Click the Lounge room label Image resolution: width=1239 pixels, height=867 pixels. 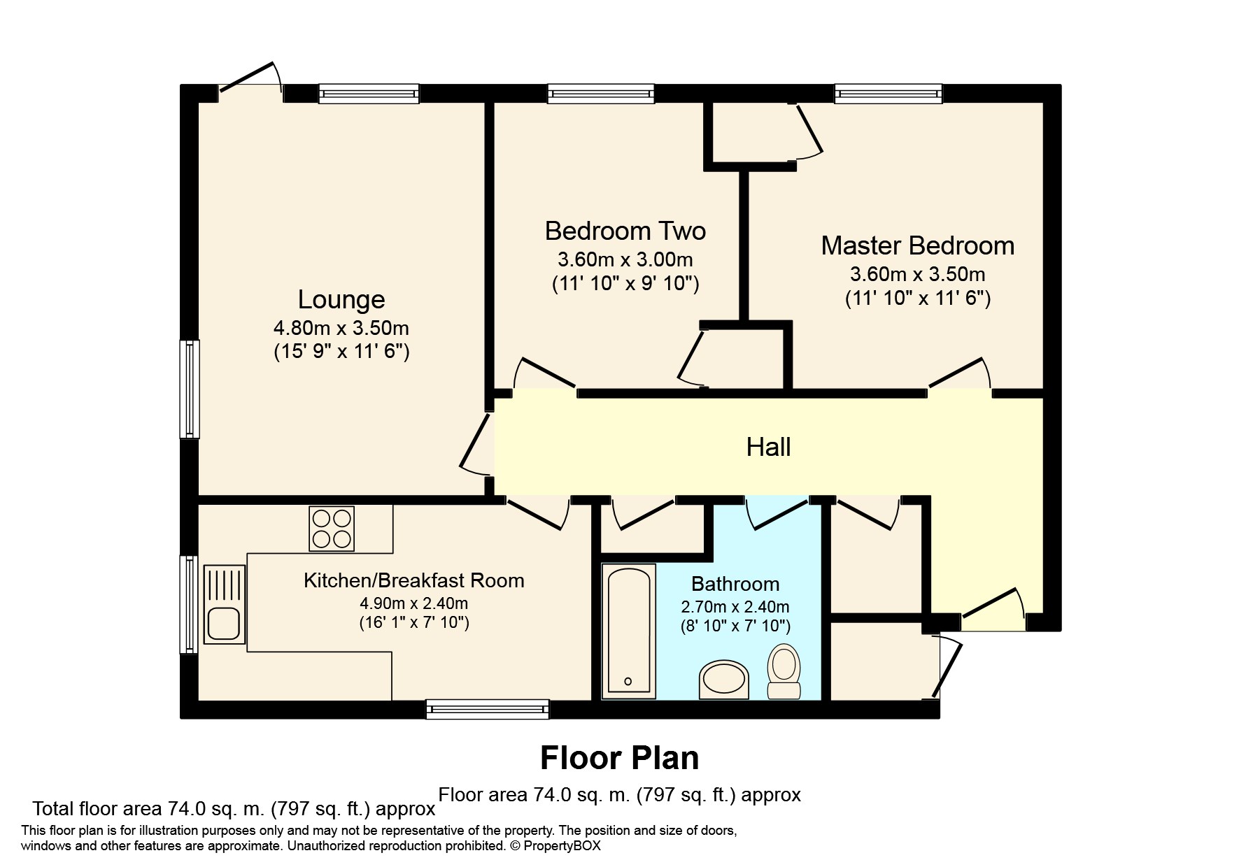[x=341, y=299]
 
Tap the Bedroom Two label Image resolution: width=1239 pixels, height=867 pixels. [x=625, y=231]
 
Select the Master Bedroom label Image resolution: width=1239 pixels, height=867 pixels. [x=917, y=245]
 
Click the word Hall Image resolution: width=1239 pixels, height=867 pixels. [x=768, y=447]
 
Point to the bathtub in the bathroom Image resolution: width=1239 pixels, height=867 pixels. [x=628, y=632]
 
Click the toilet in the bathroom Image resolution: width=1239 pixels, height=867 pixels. [x=784, y=670]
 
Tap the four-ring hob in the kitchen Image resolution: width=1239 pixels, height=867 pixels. [x=332, y=529]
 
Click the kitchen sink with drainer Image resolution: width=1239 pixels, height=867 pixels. [x=224, y=604]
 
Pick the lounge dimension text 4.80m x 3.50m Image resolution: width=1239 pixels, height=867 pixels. [x=341, y=328]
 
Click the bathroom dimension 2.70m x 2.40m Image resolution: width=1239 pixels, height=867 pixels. [x=735, y=606]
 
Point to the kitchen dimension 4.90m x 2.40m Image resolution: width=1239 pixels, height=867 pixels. [x=413, y=603]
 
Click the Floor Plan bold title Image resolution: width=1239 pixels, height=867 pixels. [x=619, y=758]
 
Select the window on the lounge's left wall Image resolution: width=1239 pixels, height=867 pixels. [x=189, y=389]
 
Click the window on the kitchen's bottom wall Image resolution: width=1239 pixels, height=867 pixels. [x=488, y=710]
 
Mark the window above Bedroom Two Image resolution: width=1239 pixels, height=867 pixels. [x=601, y=94]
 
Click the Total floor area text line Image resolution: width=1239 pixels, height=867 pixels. [x=234, y=809]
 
